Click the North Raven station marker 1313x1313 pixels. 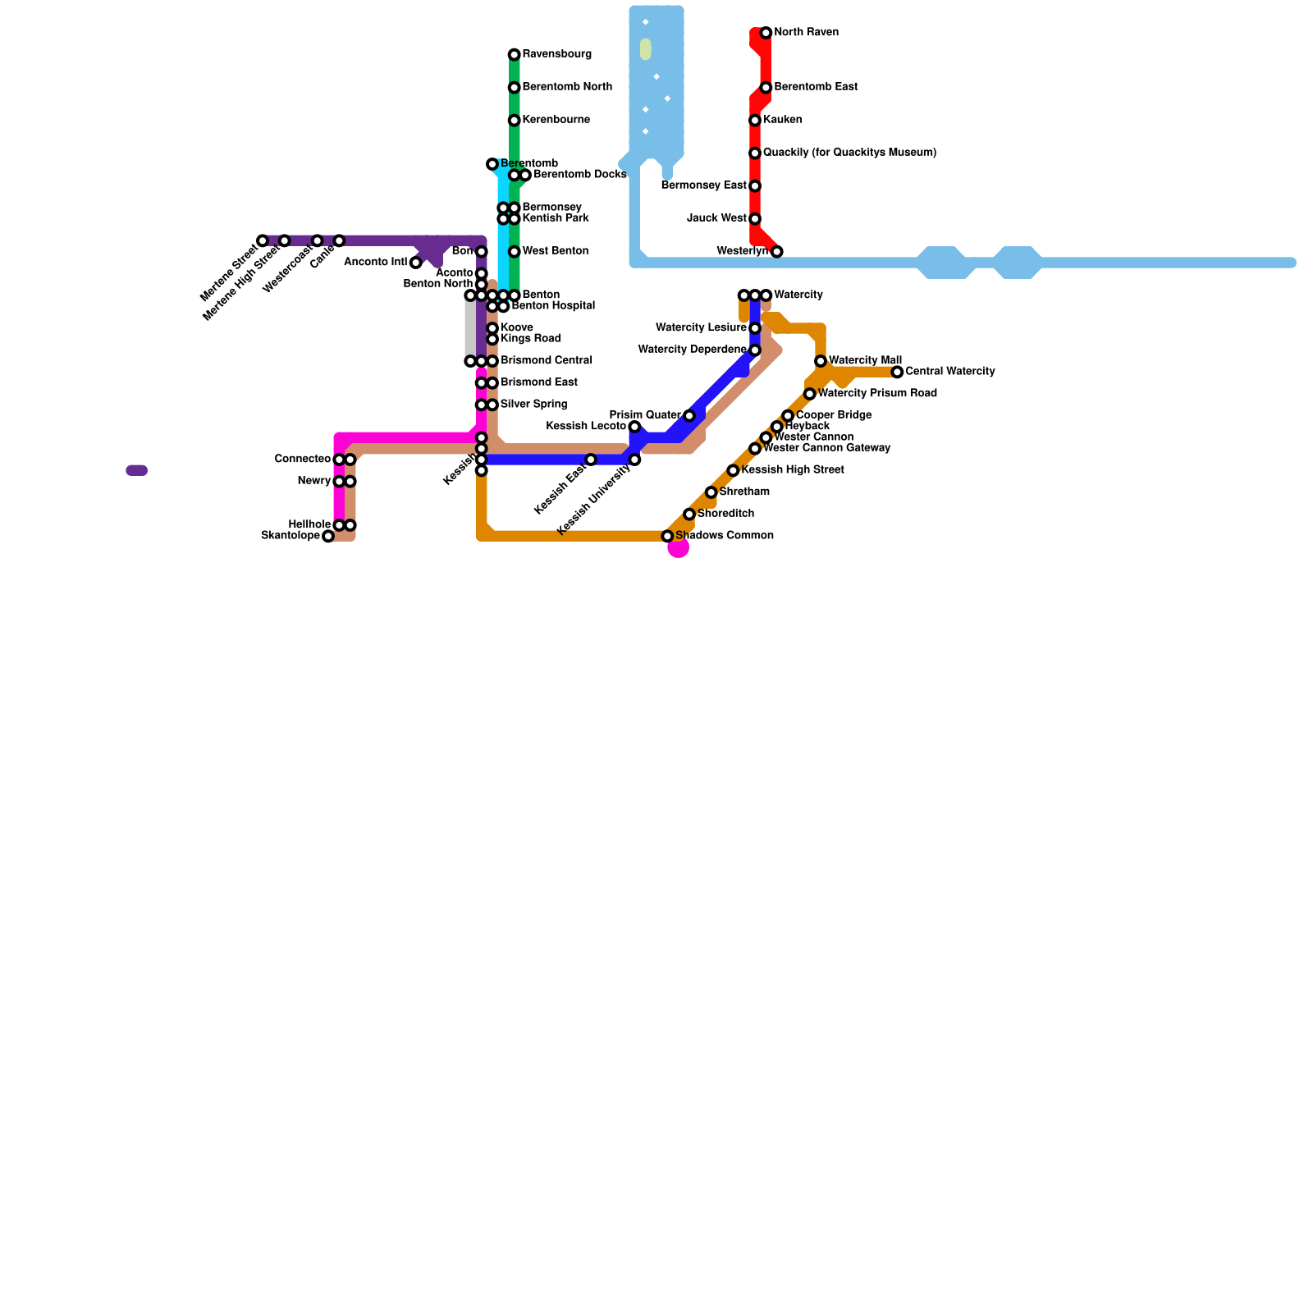[x=766, y=33]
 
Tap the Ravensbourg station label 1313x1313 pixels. [x=556, y=54]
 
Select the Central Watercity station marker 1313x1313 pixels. [x=897, y=373]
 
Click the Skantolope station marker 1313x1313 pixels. [x=328, y=537]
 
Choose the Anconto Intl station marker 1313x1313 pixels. [x=416, y=263]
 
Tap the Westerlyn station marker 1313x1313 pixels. [x=776, y=251]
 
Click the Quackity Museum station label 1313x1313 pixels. [x=849, y=153]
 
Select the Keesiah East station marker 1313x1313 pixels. [x=591, y=460]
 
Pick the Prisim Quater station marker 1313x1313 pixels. [x=689, y=416]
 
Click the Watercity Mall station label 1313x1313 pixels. [x=865, y=360]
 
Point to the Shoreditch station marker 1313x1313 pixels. [x=689, y=515]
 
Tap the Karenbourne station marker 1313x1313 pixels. [x=514, y=121]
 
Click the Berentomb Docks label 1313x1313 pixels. [x=579, y=175]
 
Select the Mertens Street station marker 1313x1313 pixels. [x=263, y=240]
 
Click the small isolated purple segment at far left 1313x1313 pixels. [x=137, y=470]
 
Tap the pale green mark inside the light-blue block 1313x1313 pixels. [x=646, y=49]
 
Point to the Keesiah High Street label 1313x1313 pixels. [x=792, y=470]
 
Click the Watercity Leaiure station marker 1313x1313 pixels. [x=755, y=328]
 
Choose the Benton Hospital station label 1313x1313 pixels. [x=552, y=306]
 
